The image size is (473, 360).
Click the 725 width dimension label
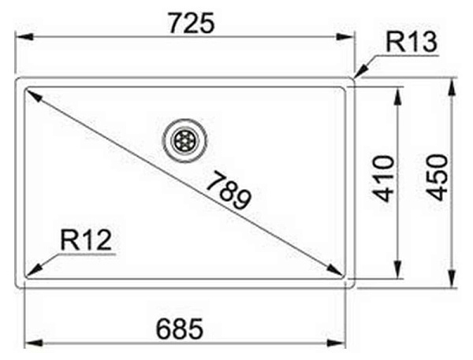(x=192, y=23)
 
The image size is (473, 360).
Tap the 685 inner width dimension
(x=180, y=328)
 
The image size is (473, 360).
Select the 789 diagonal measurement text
(x=229, y=190)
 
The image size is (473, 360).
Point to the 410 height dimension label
(x=383, y=179)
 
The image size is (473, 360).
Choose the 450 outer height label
(x=438, y=177)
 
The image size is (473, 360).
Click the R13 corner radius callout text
(x=412, y=43)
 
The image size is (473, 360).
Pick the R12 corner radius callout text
(x=86, y=240)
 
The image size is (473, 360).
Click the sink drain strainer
(x=185, y=140)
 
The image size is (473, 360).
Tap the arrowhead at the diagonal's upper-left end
(x=34, y=95)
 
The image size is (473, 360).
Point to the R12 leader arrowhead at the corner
(x=34, y=270)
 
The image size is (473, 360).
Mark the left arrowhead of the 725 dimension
(x=24, y=37)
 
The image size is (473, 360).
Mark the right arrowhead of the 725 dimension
(x=345, y=37)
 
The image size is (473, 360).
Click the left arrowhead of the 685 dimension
(x=33, y=343)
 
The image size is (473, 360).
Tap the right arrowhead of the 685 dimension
(x=336, y=343)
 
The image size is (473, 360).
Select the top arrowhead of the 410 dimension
(x=398, y=96)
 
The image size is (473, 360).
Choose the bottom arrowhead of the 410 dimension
(x=398, y=269)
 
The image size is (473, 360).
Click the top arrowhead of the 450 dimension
(x=452, y=87)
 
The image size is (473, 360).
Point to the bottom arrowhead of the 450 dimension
(x=452, y=279)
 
